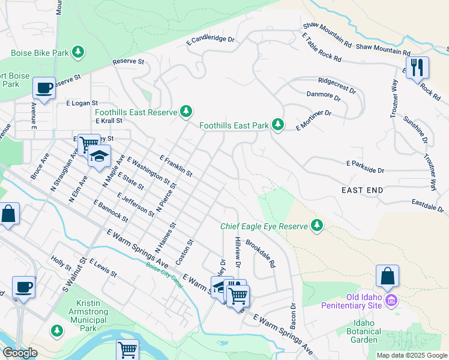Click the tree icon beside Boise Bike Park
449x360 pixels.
pos(77,53)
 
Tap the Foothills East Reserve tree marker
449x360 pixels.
pos(187,111)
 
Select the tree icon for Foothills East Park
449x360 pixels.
pos(277,125)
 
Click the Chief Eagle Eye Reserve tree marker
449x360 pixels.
pos(317,226)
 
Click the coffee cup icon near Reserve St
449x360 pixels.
pos(44,88)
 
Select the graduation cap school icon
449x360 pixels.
pos(99,157)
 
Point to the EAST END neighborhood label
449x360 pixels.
pos(362,190)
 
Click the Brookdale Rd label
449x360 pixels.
pos(261,254)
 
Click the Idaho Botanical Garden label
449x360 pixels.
pos(364,331)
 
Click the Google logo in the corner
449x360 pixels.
pos(20,353)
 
